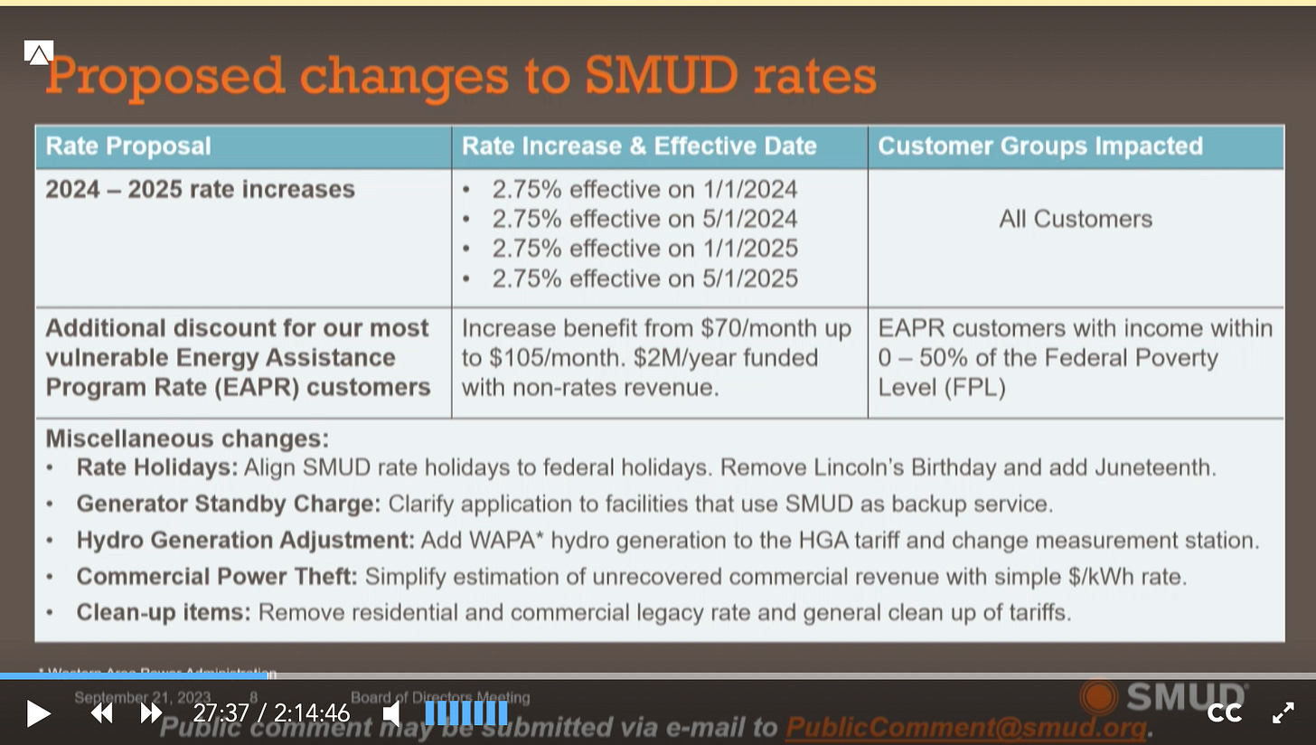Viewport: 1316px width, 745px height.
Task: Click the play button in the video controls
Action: pyautogui.click(x=37, y=713)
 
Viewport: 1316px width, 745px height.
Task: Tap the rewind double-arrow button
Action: pyautogui.click(x=101, y=713)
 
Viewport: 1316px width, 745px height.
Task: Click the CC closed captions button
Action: pyautogui.click(x=1224, y=713)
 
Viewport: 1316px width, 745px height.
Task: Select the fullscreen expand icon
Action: pyautogui.click(x=1283, y=713)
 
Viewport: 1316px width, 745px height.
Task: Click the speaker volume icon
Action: pyautogui.click(x=392, y=713)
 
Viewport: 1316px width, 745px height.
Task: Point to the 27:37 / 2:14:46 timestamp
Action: pyautogui.click(x=271, y=713)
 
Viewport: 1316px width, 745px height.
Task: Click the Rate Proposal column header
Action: pyautogui.click(x=128, y=146)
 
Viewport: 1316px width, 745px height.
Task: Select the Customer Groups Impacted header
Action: pyautogui.click(x=1040, y=146)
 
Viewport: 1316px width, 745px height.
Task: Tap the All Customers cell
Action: pyautogui.click(x=1076, y=219)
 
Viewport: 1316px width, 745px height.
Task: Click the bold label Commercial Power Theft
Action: pyautogui.click(x=217, y=576)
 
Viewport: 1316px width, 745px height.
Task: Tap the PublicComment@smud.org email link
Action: pyautogui.click(x=965, y=727)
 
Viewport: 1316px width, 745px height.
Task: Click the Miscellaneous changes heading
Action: pyautogui.click(x=187, y=439)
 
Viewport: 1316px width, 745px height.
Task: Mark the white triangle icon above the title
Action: pyautogui.click(x=39, y=53)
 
